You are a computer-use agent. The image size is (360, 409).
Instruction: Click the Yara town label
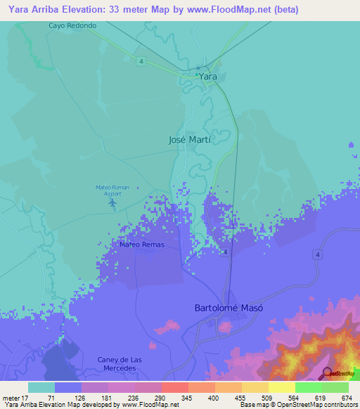click(208, 76)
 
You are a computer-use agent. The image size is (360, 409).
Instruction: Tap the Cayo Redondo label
click(72, 25)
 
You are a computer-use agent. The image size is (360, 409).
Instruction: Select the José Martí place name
click(191, 139)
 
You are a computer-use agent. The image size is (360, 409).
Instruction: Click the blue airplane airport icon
click(113, 203)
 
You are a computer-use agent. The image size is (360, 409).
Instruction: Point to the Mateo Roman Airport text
click(112, 190)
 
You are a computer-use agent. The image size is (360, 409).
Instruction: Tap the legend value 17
click(29, 397)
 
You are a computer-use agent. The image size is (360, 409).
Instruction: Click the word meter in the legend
click(12, 397)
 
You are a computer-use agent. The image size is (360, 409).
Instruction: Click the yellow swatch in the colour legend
click(281, 387)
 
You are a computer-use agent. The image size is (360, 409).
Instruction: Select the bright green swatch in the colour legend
click(308, 387)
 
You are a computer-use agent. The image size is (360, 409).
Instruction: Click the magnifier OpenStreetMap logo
click(327, 373)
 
